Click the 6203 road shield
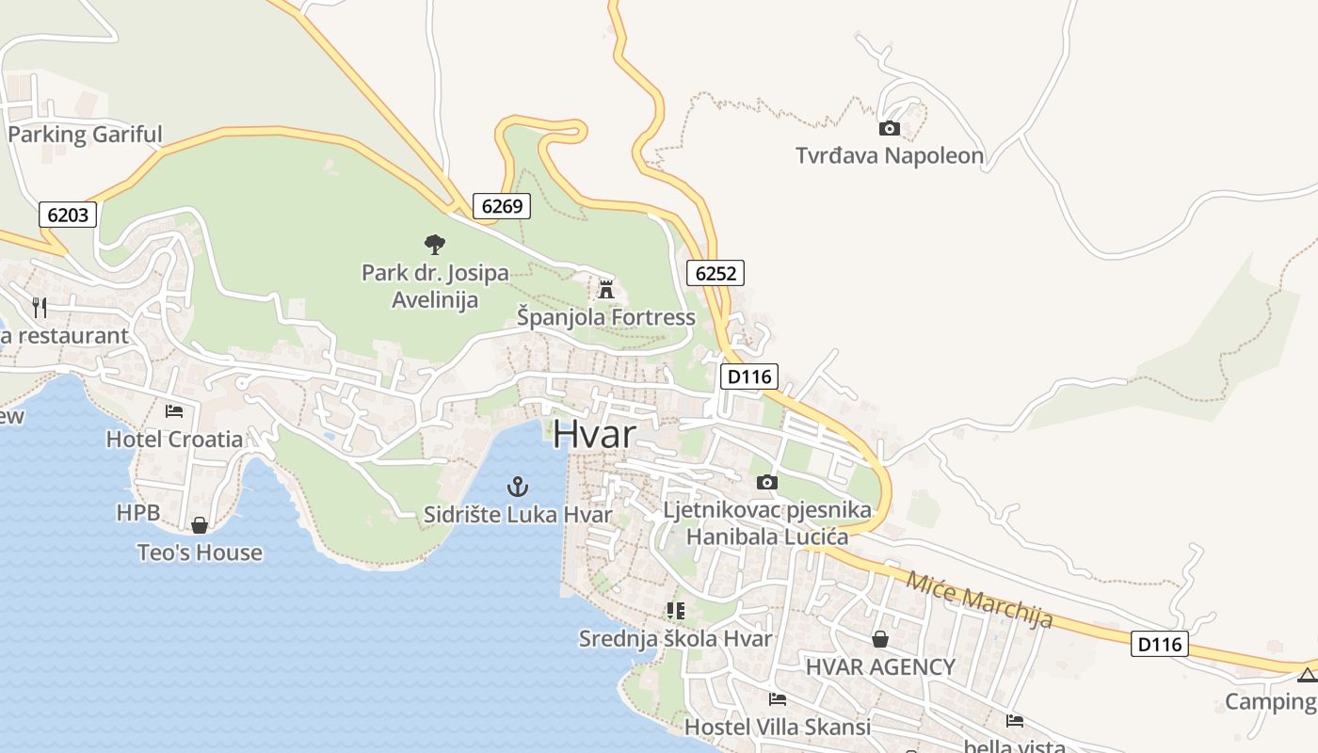click(68, 216)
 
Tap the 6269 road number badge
click(501, 206)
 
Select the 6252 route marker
click(715, 273)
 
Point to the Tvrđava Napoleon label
click(890, 155)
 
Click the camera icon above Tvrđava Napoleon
click(889, 128)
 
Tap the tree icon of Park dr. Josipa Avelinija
click(434, 245)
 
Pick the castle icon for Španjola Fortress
click(606, 289)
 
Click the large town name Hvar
click(594, 434)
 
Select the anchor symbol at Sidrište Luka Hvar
click(518, 487)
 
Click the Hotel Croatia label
click(174, 439)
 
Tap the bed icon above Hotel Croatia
click(174, 410)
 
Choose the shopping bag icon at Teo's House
click(200, 524)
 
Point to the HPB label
click(138, 513)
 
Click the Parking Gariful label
click(85, 135)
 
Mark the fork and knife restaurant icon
click(40, 307)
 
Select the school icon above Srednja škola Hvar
click(675, 610)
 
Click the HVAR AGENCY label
click(880, 667)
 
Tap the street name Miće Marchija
click(979, 599)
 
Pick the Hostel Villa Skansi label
click(777, 727)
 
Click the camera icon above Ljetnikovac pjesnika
click(767, 482)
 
